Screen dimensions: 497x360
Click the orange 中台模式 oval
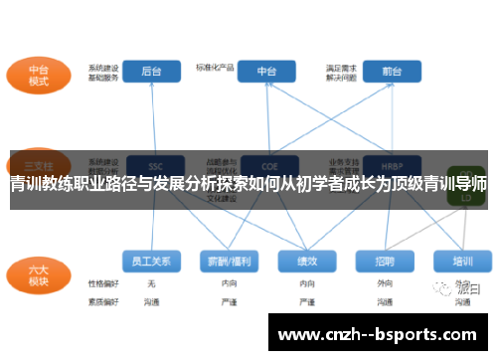point(39,77)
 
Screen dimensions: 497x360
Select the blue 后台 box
point(152,72)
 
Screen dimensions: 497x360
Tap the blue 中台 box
point(267,72)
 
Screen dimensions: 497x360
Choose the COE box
point(267,165)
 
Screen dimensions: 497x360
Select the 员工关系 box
point(151,261)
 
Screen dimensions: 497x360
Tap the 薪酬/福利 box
point(227,261)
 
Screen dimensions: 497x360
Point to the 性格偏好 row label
point(102,283)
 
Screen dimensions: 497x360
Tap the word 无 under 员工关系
point(151,283)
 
